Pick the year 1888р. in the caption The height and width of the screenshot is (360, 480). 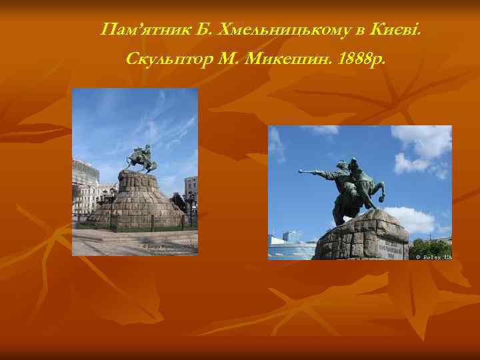[x=361, y=60]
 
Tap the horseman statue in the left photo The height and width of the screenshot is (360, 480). [x=142, y=159]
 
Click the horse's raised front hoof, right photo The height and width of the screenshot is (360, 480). [x=380, y=199]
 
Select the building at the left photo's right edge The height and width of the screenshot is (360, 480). [x=191, y=190]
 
